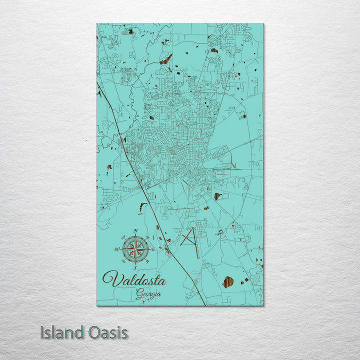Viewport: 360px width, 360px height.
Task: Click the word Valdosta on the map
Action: coord(134,279)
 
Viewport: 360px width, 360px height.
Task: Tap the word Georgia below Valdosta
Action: coord(148,293)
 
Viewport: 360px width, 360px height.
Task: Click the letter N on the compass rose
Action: coord(135,231)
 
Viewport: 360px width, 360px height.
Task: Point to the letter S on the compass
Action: coord(135,267)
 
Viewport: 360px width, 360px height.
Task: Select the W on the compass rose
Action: coord(117,249)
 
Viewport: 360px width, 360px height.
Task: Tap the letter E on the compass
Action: coord(153,249)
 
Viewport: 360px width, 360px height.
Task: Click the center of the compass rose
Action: coord(135,249)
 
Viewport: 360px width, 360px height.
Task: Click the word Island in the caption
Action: coord(61,332)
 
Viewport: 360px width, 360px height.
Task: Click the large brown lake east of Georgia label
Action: coord(228,282)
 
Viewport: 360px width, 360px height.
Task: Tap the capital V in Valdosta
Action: coord(110,278)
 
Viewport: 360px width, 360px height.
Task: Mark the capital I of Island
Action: coord(42,332)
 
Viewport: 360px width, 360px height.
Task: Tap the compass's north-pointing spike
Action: coord(135,238)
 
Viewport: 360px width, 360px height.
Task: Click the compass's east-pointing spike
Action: coord(145,249)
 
